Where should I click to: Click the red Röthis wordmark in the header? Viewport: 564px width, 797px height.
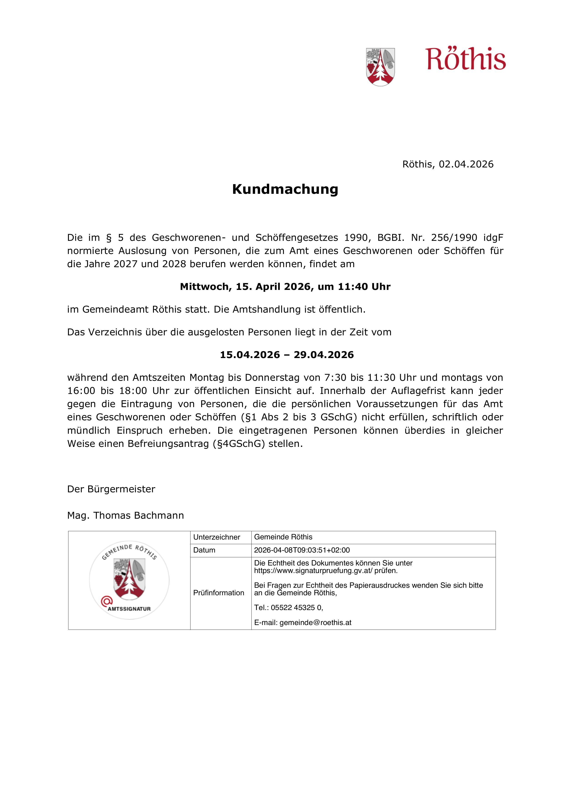(465, 59)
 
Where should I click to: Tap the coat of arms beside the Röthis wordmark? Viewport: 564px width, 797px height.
(380, 67)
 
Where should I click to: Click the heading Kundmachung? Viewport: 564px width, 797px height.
(285, 189)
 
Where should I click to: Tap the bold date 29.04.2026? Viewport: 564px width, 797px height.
(324, 355)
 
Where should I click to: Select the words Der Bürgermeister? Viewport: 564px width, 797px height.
(111, 489)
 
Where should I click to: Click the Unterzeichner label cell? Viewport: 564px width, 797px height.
(217, 537)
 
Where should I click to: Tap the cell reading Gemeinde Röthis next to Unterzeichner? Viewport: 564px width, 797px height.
(283, 537)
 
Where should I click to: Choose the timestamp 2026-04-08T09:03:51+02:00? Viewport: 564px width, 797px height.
(302, 550)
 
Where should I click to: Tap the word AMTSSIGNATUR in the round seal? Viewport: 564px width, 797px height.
(129, 609)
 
